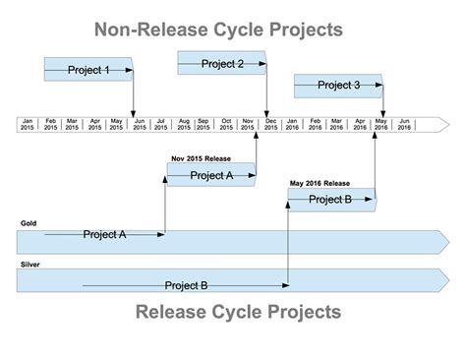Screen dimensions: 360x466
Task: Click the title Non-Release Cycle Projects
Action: click(x=218, y=30)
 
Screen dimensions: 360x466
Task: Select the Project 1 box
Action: click(x=88, y=70)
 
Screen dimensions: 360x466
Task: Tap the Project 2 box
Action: click(x=222, y=64)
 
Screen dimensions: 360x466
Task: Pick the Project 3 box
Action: click(x=338, y=86)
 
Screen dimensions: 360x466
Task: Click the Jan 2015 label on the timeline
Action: click(x=29, y=125)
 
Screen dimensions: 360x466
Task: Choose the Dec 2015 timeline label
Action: click(x=269, y=125)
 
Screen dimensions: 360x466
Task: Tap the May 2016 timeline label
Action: click(x=380, y=125)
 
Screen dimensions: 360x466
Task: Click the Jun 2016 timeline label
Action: click(x=403, y=125)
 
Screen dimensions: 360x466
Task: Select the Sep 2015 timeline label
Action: click(x=204, y=125)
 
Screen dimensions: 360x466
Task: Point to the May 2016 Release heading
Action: click(x=320, y=183)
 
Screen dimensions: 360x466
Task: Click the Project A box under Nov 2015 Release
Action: click(x=211, y=175)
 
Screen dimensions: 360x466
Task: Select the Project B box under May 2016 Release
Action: click(x=330, y=200)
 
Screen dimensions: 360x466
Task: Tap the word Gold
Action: click(x=29, y=224)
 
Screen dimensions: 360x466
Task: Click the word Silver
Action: click(x=30, y=265)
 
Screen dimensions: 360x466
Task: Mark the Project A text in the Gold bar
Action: click(x=104, y=235)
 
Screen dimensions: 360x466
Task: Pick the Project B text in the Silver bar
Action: click(x=186, y=286)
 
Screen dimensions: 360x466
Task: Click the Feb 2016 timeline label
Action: click(x=315, y=125)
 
